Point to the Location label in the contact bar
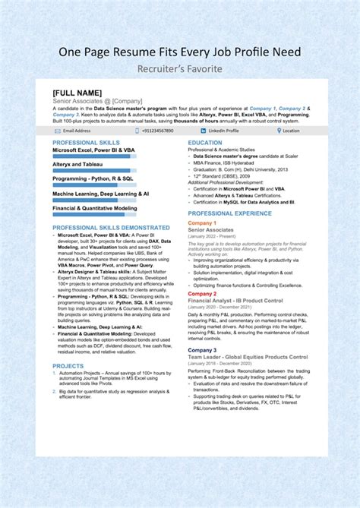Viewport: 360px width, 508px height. click(x=292, y=131)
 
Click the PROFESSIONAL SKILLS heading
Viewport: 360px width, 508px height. click(x=86, y=143)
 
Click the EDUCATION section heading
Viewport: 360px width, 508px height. click(x=205, y=143)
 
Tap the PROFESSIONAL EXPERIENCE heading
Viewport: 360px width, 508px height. click(x=229, y=213)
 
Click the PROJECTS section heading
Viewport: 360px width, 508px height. click(x=68, y=366)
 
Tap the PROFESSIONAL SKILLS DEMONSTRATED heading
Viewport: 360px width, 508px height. click(x=111, y=227)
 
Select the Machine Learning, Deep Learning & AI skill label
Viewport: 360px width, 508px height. click(x=100, y=194)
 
